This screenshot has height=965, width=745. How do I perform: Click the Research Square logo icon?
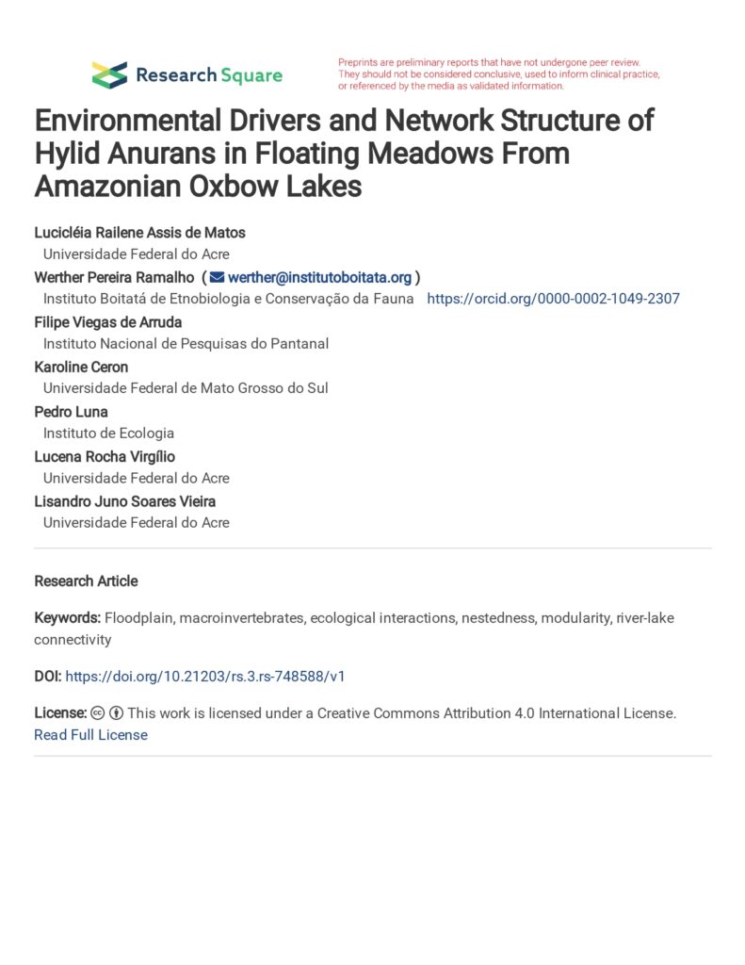point(109,75)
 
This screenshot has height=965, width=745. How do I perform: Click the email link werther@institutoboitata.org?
point(319,277)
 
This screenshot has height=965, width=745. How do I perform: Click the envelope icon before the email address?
point(217,277)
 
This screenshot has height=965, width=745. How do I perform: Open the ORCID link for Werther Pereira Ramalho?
point(553,299)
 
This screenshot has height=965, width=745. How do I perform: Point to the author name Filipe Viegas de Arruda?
point(108,321)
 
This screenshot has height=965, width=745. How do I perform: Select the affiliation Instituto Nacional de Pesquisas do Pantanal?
point(186,343)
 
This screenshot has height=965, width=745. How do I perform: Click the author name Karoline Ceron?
point(80,367)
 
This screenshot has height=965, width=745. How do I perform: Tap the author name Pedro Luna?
point(71,412)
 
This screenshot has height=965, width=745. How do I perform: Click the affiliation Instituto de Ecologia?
point(108,433)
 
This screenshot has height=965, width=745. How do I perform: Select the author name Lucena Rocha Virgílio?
point(105,456)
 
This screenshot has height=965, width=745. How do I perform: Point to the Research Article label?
point(86,581)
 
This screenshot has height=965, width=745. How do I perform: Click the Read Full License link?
point(90,735)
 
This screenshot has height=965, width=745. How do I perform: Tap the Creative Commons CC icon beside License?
point(98,713)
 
